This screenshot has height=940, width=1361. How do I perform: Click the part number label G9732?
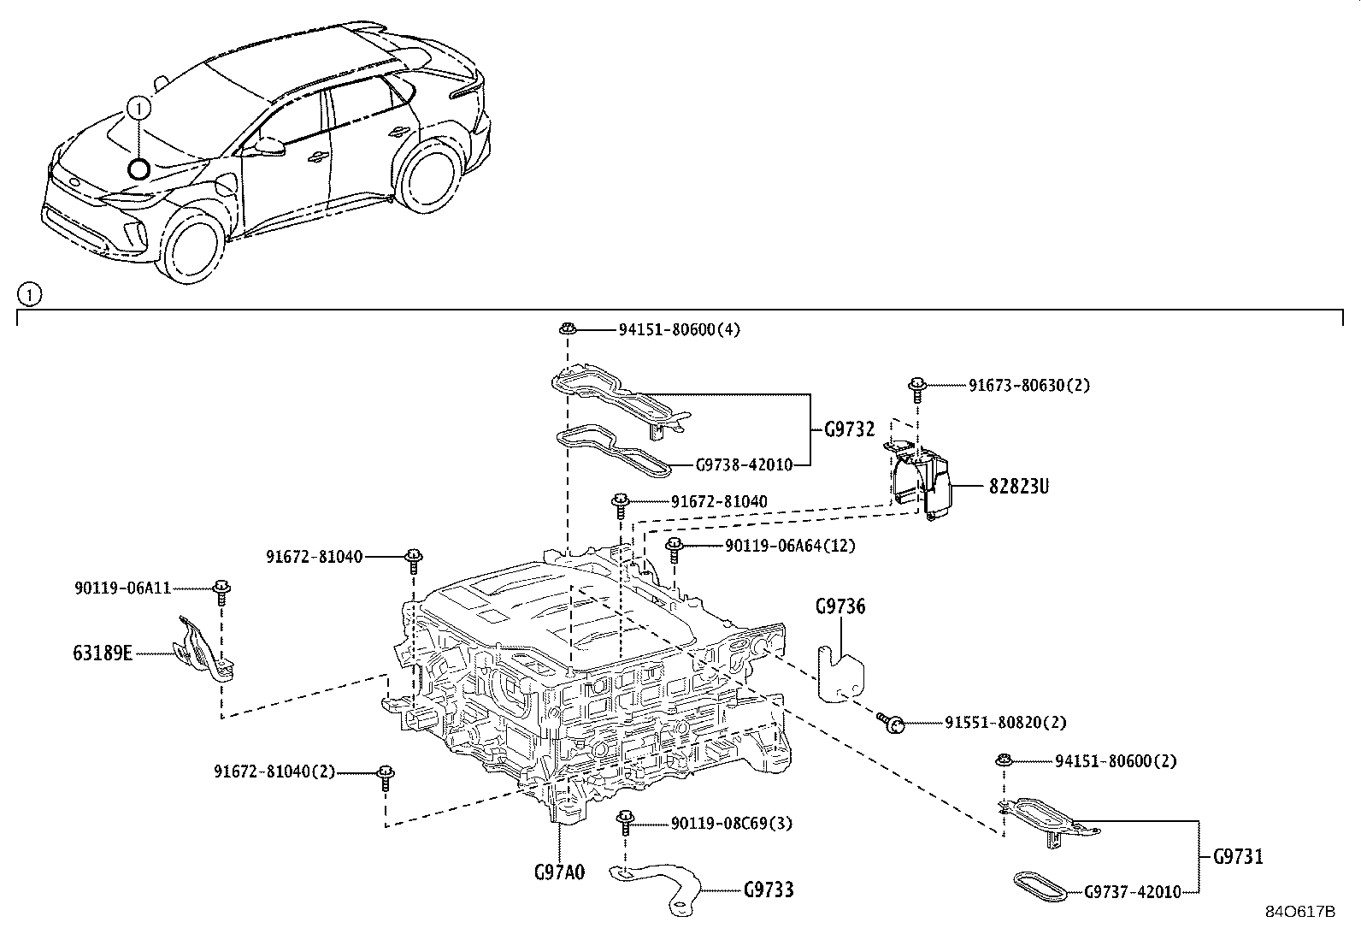[x=849, y=429]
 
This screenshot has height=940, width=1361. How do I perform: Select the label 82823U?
[x=1018, y=487]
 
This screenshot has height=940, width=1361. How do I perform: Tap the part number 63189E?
[x=102, y=654]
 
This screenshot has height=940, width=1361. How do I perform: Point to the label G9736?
[x=840, y=607]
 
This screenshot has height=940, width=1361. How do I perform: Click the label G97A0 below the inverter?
[x=559, y=872]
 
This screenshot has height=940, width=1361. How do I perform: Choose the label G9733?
[x=768, y=890]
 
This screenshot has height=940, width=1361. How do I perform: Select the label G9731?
[x=1237, y=856]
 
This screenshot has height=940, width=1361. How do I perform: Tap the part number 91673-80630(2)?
[x=1028, y=386]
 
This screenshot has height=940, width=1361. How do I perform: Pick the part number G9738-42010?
[x=743, y=465]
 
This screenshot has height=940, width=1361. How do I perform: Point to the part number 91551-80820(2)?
[x=1005, y=723]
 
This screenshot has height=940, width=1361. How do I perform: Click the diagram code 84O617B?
[x=1299, y=912]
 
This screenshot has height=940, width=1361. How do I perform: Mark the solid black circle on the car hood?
[x=138, y=168]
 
